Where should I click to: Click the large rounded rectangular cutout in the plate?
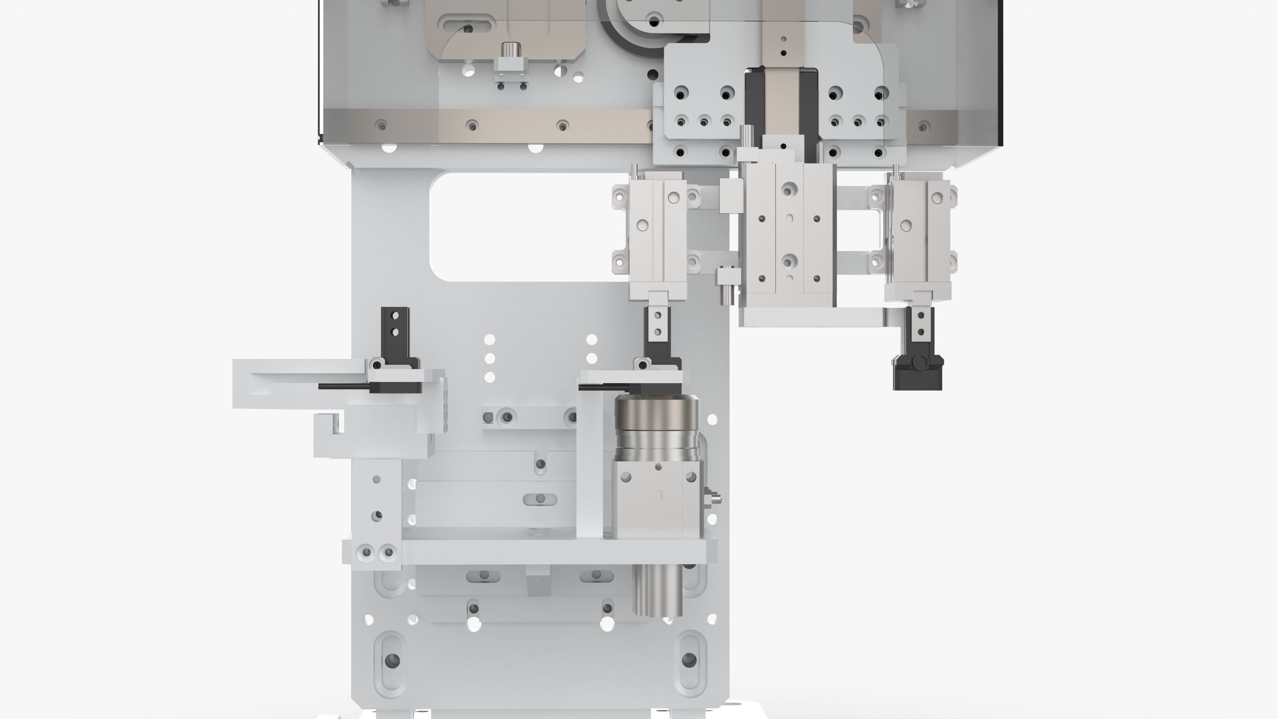[526, 226]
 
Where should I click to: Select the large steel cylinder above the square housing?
[656, 427]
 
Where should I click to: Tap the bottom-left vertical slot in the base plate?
[392, 660]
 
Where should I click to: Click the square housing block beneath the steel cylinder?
[656, 501]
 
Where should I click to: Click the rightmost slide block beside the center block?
[918, 233]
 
